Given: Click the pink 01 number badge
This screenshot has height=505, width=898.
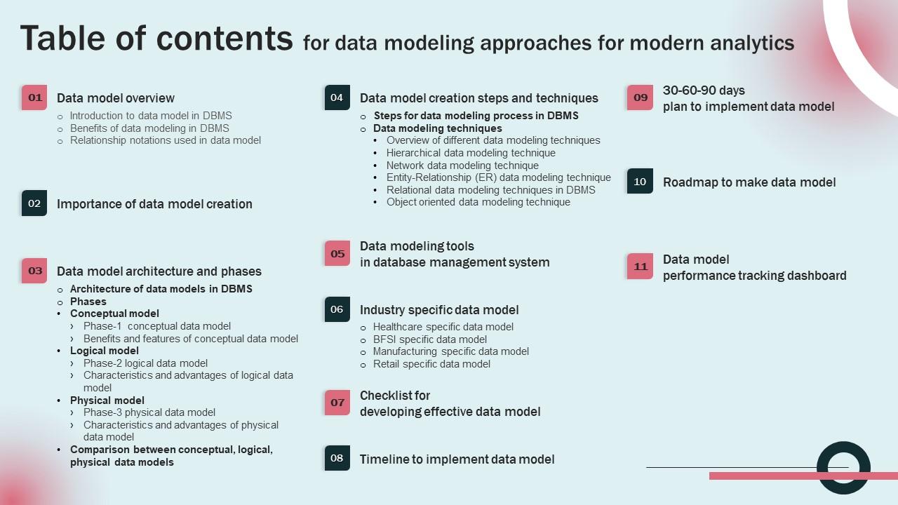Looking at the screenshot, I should [34, 97].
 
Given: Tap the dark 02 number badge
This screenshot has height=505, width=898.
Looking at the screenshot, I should [34, 203].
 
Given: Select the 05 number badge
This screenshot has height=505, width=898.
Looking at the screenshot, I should [337, 254].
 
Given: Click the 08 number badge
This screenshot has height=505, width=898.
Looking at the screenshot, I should [337, 458].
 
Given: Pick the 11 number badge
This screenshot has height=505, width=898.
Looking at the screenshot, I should [640, 267].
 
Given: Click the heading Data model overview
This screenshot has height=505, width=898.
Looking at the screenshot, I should [116, 98].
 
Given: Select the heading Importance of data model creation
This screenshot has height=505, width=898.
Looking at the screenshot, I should [154, 204].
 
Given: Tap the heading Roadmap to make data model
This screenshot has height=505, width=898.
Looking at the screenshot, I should [749, 182].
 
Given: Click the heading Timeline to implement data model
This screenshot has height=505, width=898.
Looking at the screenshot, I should [457, 459].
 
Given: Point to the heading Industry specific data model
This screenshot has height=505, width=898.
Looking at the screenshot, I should [439, 310].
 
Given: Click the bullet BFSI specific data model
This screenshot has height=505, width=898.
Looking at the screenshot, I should [429, 339].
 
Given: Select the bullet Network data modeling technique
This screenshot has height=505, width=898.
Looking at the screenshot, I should [462, 166].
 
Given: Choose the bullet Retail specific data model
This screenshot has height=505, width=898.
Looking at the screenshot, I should [431, 364].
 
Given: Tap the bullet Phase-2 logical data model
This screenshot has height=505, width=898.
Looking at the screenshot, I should [145, 363].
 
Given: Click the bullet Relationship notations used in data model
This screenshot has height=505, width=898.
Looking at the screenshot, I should [165, 140].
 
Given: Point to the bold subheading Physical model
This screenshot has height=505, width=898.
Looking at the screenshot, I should [107, 400].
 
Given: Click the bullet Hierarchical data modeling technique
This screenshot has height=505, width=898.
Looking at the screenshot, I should [471, 153].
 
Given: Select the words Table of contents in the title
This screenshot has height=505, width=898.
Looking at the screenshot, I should [156, 38].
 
